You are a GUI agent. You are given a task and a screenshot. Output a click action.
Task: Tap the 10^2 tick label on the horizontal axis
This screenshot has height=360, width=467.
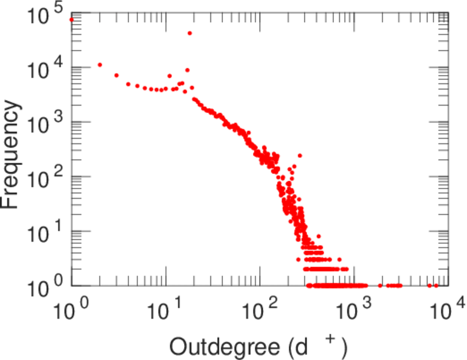pos(260,312)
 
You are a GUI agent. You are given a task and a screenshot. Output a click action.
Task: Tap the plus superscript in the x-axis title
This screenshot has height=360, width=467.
pos(329,340)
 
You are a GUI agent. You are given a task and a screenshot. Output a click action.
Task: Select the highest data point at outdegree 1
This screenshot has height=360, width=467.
pos(71,19)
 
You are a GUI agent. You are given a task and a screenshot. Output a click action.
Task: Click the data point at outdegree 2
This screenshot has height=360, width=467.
pos(100,65)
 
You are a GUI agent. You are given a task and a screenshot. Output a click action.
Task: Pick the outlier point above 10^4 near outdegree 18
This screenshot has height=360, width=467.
pos(190,33)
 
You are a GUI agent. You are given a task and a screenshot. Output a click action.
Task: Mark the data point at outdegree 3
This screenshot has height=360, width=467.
pos(116,75)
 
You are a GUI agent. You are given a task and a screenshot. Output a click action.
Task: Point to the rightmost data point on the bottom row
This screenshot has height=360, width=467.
pos(444,286)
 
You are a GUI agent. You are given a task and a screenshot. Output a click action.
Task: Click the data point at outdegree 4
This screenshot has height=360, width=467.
pos(128,84)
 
